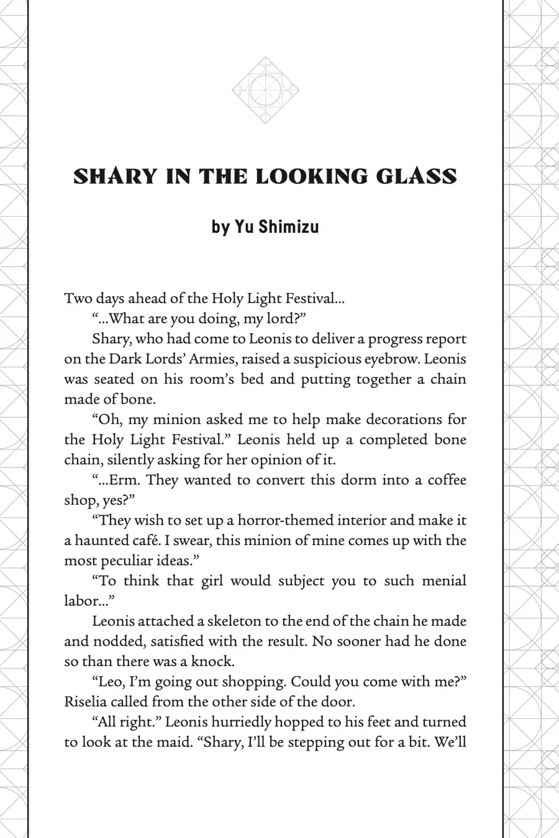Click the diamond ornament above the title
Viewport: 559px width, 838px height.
265,90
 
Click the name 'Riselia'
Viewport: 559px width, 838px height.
85,702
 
